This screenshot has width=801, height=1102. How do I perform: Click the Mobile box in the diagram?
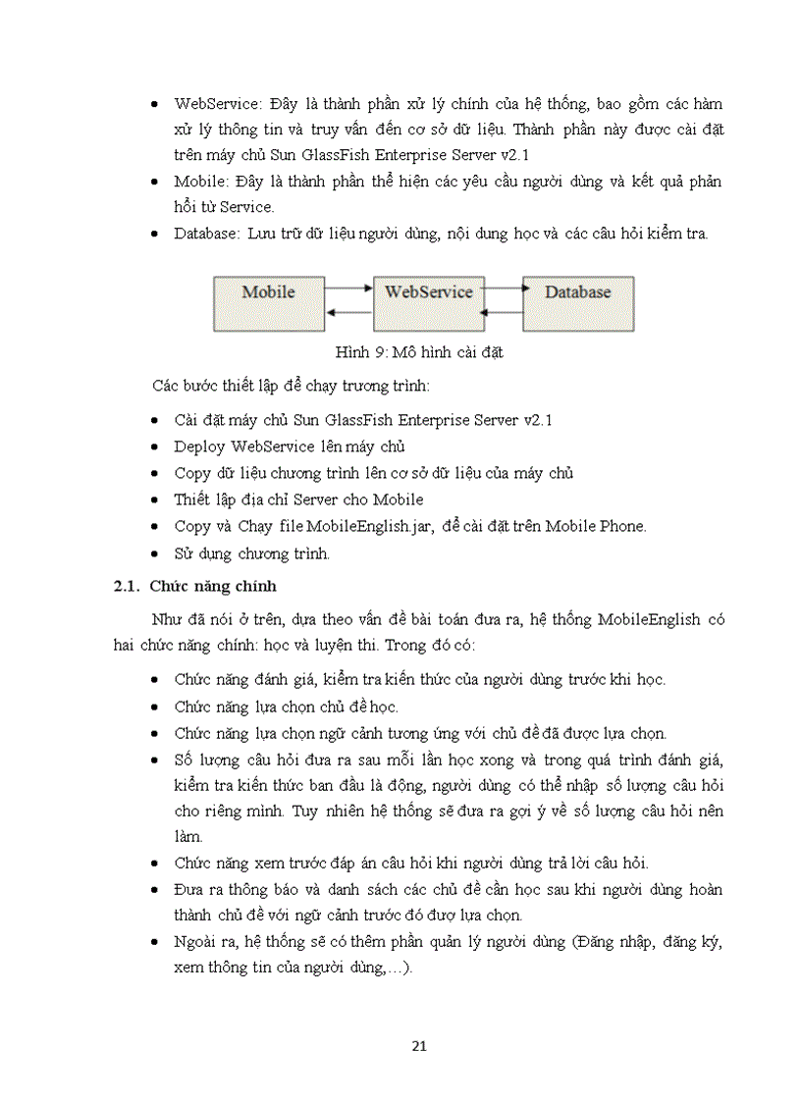(268, 303)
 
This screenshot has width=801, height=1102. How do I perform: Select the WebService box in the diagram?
(428, 303)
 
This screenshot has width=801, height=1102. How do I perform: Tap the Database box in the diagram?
(577, 303)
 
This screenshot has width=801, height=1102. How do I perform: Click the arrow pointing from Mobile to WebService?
(347, 289)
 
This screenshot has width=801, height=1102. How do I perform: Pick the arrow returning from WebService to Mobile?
(347, 313)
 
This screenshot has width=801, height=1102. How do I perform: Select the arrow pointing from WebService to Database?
(503, 289)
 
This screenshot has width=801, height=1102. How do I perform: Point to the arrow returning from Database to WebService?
(503, 313)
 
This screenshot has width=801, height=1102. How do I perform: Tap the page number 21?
(419, 1045)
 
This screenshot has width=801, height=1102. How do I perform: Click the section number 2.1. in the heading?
(127, 587)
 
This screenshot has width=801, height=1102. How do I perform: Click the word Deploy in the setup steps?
(200, 446)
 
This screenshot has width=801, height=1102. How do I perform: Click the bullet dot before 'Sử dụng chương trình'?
(159, 553)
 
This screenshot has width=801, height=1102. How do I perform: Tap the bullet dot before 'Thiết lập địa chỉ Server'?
(159, 500)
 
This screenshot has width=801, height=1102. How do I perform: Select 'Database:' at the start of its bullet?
(207, 234)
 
